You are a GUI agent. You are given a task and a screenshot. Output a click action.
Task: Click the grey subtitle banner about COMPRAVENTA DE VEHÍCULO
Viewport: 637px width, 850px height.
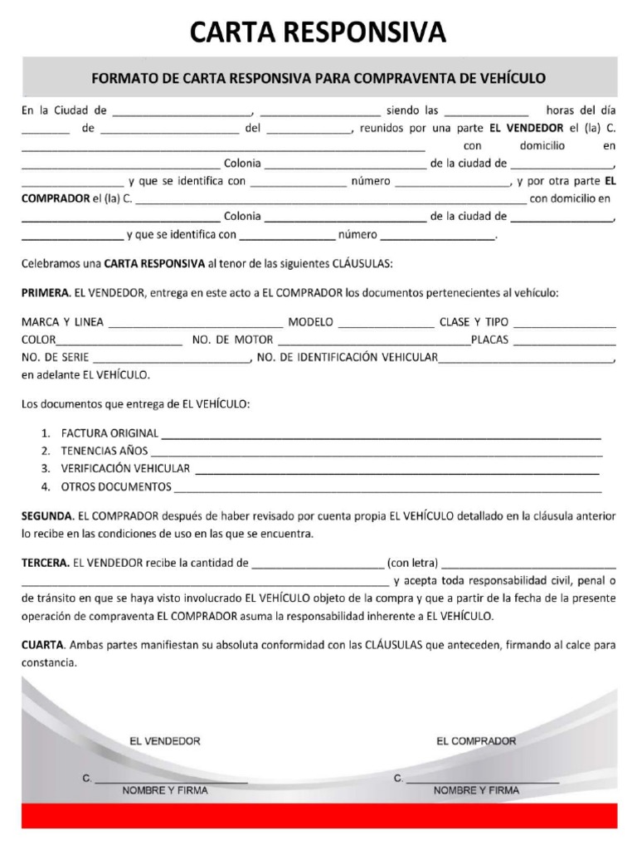tap(318, 79)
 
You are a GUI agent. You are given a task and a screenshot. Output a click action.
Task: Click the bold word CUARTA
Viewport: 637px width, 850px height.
tap(42, 644)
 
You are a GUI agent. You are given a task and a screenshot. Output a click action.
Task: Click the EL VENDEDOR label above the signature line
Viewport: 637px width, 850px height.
tap(165, 740)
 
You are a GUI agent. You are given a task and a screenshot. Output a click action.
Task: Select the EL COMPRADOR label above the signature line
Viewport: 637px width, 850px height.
tap(476, 740)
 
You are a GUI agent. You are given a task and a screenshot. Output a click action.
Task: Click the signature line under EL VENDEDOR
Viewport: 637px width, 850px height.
tap(170, 781)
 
